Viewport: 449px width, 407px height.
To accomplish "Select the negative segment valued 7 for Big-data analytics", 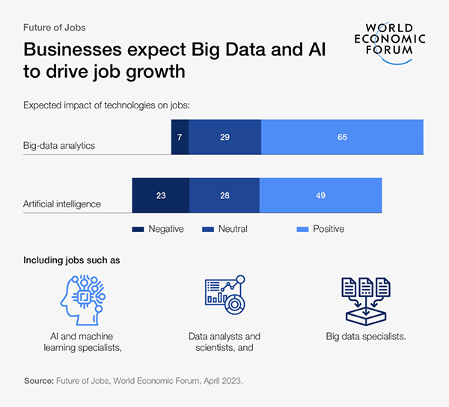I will coord(180,137).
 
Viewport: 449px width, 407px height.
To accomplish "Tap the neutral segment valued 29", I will coord(224,137).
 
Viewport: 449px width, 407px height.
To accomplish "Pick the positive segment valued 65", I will coord(342,137).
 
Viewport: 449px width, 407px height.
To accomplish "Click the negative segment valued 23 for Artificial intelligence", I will coord(161,195).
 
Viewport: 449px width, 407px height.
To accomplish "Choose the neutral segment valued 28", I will coord(224,195).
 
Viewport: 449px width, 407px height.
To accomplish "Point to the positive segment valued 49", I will coord(320,195).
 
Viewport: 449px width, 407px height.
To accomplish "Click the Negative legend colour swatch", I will coord(138,229).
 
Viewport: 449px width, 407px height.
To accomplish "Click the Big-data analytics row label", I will coord(59,145).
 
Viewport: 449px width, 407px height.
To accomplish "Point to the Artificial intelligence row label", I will coord(62,203).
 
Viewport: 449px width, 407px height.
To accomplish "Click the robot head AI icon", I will coord(82,298).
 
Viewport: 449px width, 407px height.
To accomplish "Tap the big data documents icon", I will coord(366,298).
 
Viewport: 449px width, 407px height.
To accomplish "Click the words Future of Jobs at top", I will coord(55,28).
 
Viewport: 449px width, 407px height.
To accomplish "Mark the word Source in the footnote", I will coord(38,381).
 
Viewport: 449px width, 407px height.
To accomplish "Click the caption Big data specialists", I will coord(366,337).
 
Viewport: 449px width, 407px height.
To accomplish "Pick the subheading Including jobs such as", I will coord(72,260).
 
